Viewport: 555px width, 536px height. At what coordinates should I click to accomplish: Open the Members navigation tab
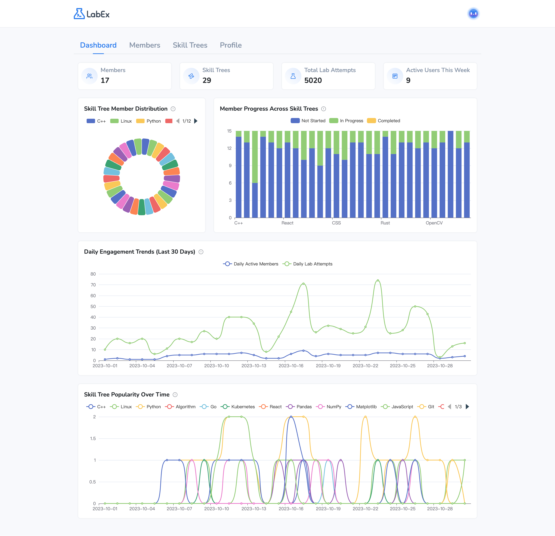coord(144,45)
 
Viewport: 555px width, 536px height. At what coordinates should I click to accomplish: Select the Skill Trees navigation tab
coord(190,45)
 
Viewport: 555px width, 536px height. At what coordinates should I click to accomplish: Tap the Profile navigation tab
coord(231,45)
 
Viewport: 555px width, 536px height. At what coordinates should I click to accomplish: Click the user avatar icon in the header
coord(473,14)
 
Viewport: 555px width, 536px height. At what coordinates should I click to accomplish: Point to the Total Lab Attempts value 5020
coord(313,81)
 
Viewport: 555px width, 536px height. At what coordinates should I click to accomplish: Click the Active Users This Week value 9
coord(408,81)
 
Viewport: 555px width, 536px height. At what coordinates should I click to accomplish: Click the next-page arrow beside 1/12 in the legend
coord(196,121)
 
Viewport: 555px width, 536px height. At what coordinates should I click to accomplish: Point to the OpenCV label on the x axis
coord(434,223)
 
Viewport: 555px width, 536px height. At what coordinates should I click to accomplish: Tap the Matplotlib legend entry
coord(361,407)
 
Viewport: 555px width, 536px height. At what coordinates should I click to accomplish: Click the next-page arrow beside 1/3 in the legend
coord(467,407)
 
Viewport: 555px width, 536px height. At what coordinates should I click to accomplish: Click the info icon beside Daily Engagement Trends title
coord(201,252)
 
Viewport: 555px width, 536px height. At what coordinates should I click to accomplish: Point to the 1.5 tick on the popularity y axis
coord(93,438)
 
